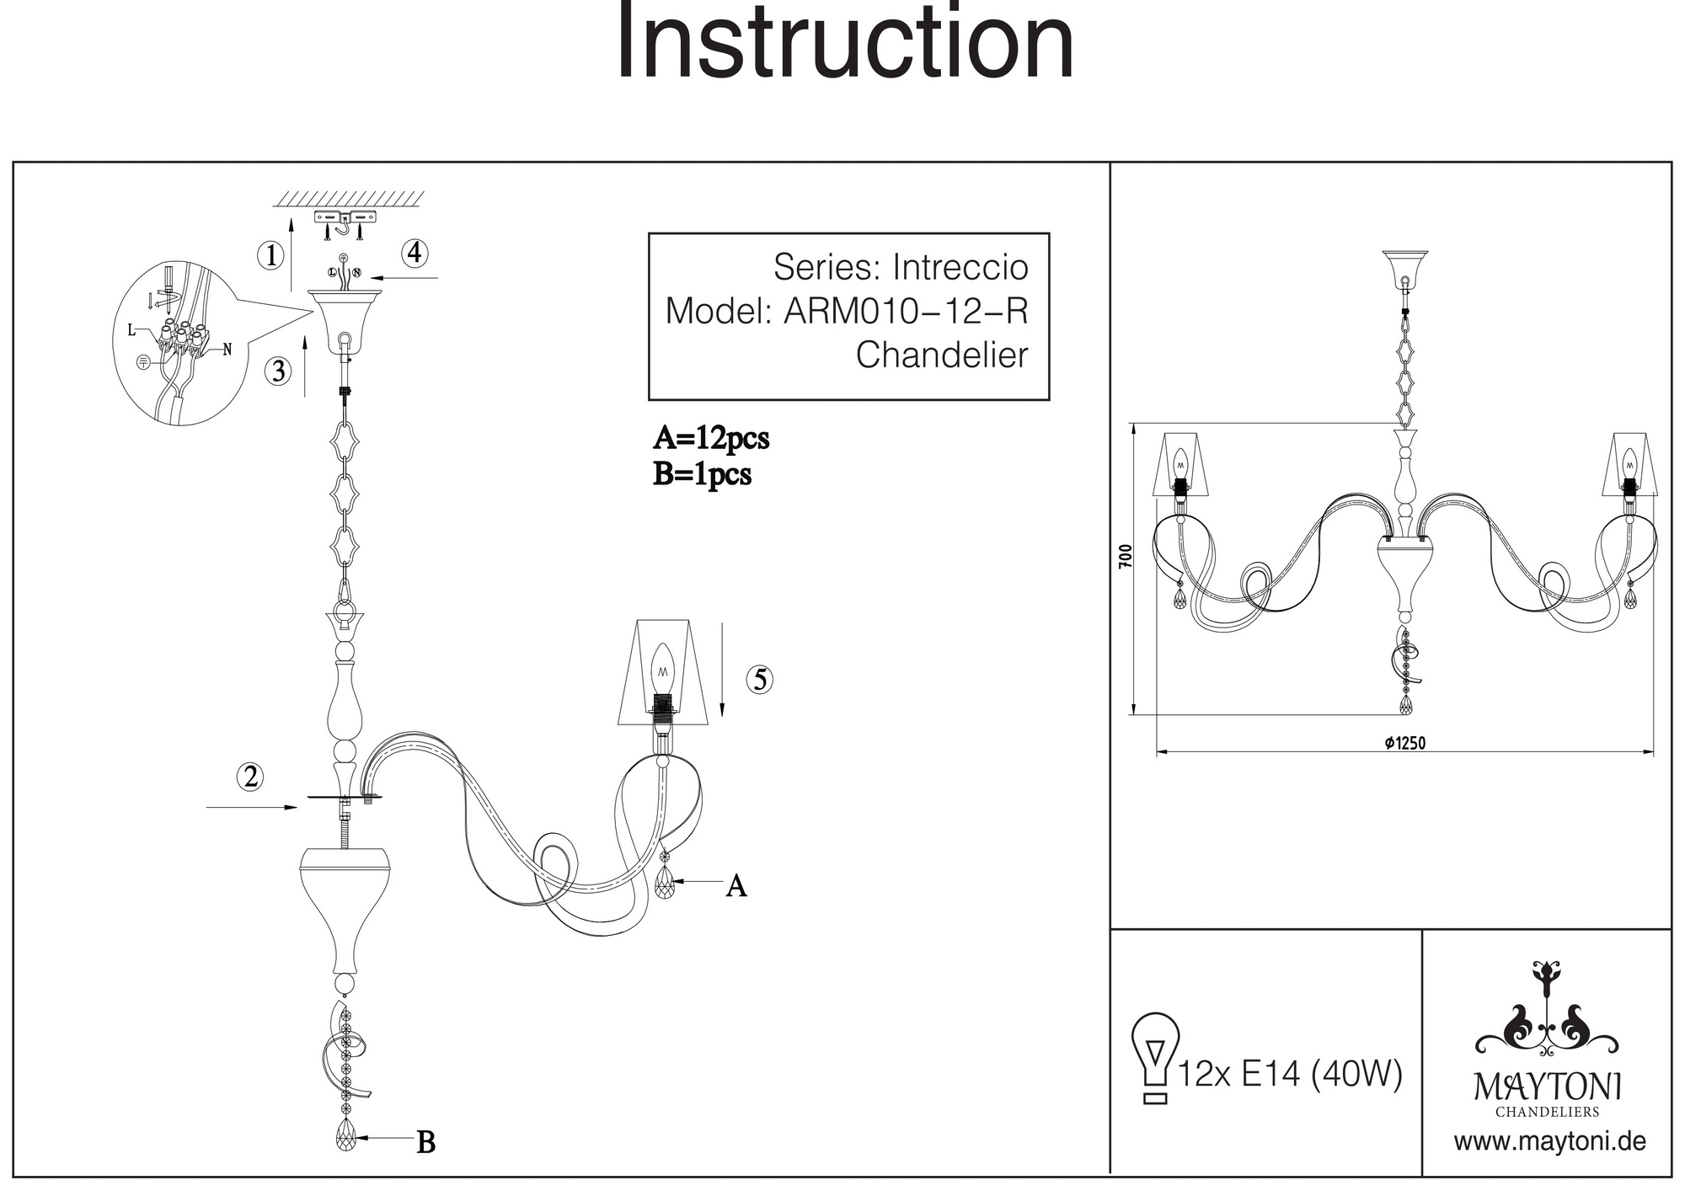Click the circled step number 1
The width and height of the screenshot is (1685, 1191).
pyautogui.click(x=270, y=255)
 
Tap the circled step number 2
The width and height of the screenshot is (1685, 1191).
pyautogui.click(x=250, y=777)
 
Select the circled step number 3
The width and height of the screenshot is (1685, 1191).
pyautogui.click(x=278, y=371)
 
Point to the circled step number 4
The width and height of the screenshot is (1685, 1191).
pyautogui.click(x=415, y=253)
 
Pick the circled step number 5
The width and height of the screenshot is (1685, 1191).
pyautogui.click(x=760, y=680)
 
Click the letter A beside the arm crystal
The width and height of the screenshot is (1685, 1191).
pyautogui.click(x=736, y=886)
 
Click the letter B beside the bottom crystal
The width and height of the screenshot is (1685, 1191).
pyautogui.click(x=426, y=1143)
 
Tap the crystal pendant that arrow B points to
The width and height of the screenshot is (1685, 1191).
pyautogui.click(x=346, y=1136)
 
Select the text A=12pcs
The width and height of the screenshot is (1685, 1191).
pyautogui.click(x=711, y=439)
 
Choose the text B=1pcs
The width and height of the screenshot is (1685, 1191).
pyautogui.click(x=702, y=475)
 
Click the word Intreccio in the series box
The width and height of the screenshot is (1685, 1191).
pyautogui.click(x=960, y=268)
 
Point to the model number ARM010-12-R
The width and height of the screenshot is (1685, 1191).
pyautogui.click(x=906, y=312)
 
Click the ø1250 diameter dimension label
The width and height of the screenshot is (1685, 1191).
pyautogui.click(x=1404, y=743)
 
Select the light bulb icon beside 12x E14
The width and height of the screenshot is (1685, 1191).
pyautogui.click(x=1155, y=1057)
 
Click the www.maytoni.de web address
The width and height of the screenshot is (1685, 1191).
pyautogui.click(x=1549, y=1142)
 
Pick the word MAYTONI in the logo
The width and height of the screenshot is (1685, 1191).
pyautogui.click(x=1548, y=1087)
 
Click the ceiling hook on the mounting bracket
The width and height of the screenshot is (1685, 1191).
pyautogui.click(x=345, y=226)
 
